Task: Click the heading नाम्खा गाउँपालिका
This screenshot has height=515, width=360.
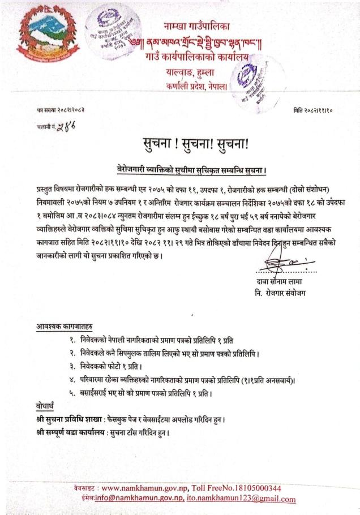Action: (x=201, y=26)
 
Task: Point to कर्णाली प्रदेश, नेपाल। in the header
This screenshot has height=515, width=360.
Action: (x=197, y=87)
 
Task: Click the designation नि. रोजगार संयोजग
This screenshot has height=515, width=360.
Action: (x=282, y=294)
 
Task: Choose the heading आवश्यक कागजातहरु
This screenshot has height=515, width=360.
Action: (x=65, y=327)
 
